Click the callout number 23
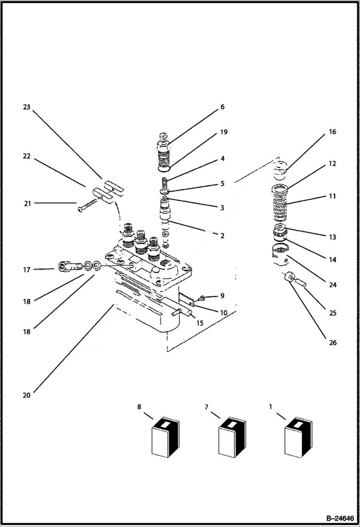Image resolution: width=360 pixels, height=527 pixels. (x=26, y=107)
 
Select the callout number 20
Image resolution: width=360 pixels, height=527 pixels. (x=26, y=395)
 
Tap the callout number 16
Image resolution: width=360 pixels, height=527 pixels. (x=333, y=132)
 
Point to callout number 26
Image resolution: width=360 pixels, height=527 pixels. (x=333, y=343)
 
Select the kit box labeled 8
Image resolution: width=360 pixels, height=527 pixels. (x=164, y=436)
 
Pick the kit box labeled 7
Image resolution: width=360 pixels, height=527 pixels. (x=232, y=436)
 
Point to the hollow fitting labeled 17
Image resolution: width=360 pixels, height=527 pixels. (x=67, y=267)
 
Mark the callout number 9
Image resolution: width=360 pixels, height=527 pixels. (x=222, y=295)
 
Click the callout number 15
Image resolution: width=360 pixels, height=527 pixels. (x=199, y=323)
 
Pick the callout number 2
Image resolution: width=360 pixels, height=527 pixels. (x=222, y=236)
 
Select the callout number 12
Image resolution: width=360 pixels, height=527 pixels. (x=333, y=163)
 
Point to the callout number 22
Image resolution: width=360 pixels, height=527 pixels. (x=26, y=157)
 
